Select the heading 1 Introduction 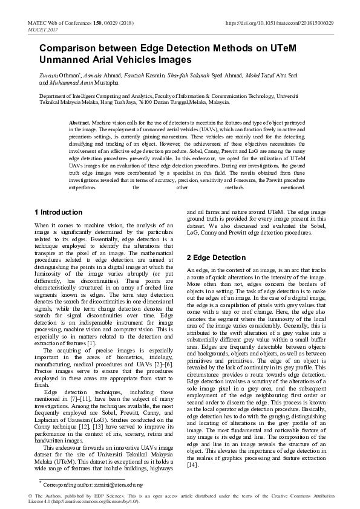click(x=59, y=212)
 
